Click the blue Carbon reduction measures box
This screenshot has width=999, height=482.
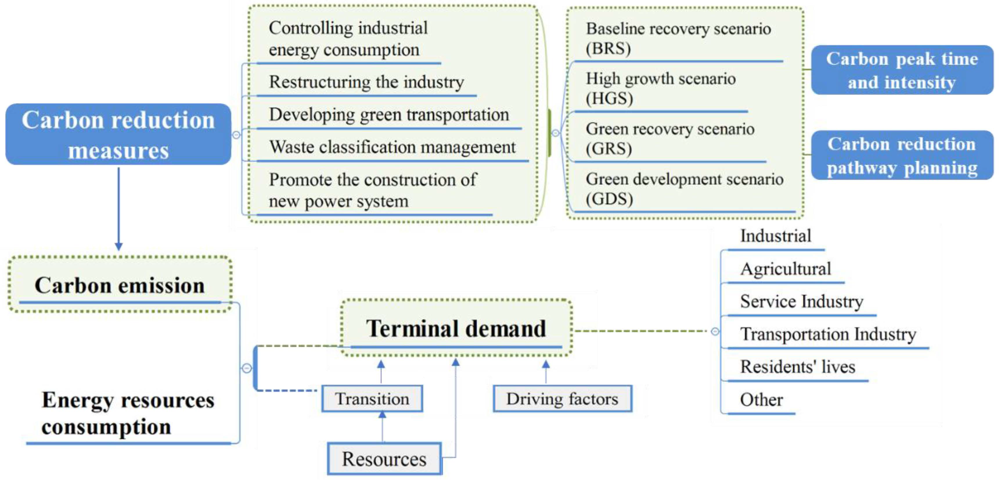[x=118, y=134]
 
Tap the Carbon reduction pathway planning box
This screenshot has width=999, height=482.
[x=902, y=155]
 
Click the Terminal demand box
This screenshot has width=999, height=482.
[x=456, y=328]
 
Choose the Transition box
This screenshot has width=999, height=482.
[x=372, y=399]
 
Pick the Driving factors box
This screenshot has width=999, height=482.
[x=562, y=399]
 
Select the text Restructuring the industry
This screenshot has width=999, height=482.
[x=366, y=82]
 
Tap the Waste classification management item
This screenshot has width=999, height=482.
[x=393, y=147]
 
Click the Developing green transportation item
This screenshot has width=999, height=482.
[x=389, y=114]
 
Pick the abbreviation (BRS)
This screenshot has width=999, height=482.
[x=608, y=49]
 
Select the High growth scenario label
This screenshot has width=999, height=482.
[x=660, y=78]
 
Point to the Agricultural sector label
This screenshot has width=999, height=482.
[x=785, y=268]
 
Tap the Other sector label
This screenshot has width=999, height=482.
[x=761, y=399]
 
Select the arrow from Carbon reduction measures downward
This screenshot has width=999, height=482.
[x=119, y=209]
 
